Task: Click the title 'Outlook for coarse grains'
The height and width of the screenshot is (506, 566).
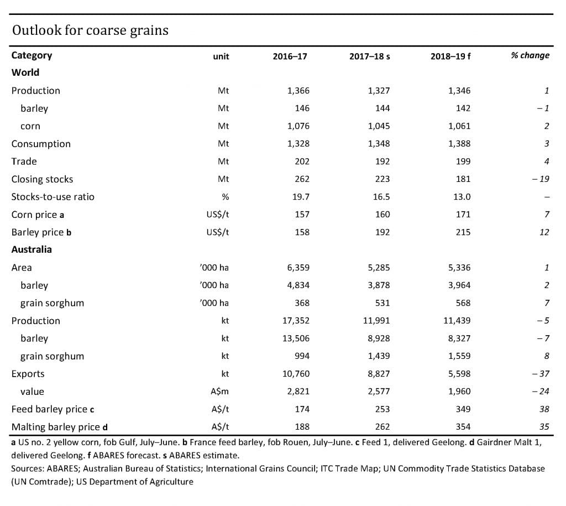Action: click(90, 30)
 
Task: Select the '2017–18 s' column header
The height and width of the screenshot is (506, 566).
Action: click(370, 56)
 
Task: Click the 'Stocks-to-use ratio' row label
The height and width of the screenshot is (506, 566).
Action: click(53, 197)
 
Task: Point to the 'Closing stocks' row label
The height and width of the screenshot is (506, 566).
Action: click(42, 179)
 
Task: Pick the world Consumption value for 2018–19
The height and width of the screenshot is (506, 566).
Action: click(459, 144)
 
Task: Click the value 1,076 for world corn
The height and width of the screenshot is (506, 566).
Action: click(298, 126)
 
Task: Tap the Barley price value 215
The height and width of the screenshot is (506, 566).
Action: click(463, 232)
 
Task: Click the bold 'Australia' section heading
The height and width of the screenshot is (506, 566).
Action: click(32, 249)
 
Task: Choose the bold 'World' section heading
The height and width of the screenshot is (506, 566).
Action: click(25, 72)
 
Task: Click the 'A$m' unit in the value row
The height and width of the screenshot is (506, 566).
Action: click(220, 392)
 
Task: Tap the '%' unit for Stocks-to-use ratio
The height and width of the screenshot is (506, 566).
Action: click(225, 197)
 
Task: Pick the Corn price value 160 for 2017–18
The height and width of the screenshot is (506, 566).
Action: click(382, 215)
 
